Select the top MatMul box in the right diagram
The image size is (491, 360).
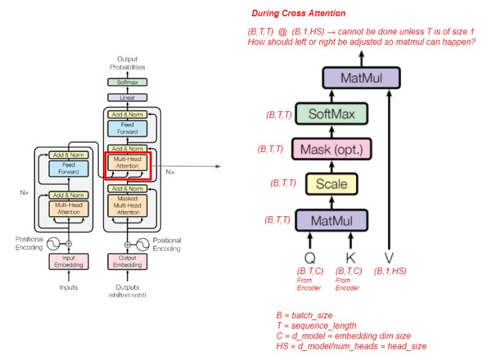pos(361,78)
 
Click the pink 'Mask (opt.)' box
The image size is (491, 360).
pos(332,149)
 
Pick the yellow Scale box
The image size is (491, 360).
pos(331,184)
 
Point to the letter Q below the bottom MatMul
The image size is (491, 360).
pos(310,257)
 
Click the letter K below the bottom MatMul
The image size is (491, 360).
pos(352,257)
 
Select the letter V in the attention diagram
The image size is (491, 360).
pos(389,257)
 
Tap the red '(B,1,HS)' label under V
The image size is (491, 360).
pos(390,271)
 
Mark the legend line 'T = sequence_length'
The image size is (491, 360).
pos(316,326)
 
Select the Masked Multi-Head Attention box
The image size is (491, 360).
pos(128,206)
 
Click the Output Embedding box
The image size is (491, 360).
pos(128,261)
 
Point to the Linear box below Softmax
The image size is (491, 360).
pos(128,97)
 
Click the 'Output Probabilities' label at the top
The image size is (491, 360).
pos(128,63)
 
